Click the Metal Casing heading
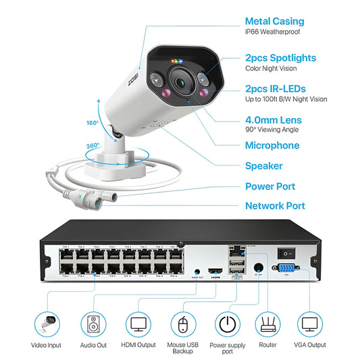click(274, 22)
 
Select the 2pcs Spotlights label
click(280, 59)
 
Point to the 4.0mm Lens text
click(272, 120)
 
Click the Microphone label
click(272, 145)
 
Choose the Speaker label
click(264, 165)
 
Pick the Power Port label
click(270, 186)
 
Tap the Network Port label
click(275, 206)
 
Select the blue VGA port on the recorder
click(286, 267)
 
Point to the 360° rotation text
click(93, 145)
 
